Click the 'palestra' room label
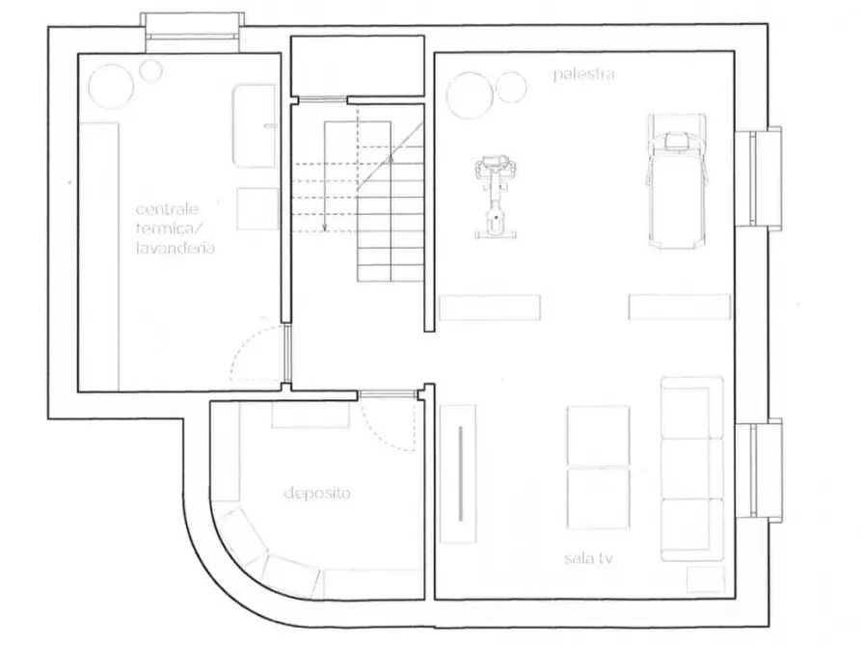pos(583,74)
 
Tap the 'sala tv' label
pos(589,558)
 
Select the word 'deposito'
pos(317,494)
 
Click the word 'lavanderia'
pos(175,249)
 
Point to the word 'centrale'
pos(167,209)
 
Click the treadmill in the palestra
pos(677,181)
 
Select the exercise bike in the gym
pos(496,198)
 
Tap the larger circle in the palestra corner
pos(470,95)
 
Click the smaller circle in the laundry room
pos(150,70)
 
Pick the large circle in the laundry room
pos(111,87)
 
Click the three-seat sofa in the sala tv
pos(692,469)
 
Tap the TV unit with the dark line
pos(459,473)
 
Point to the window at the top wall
pos(192,25)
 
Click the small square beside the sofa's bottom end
pos(706,579)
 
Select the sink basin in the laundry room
pos(254,125)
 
